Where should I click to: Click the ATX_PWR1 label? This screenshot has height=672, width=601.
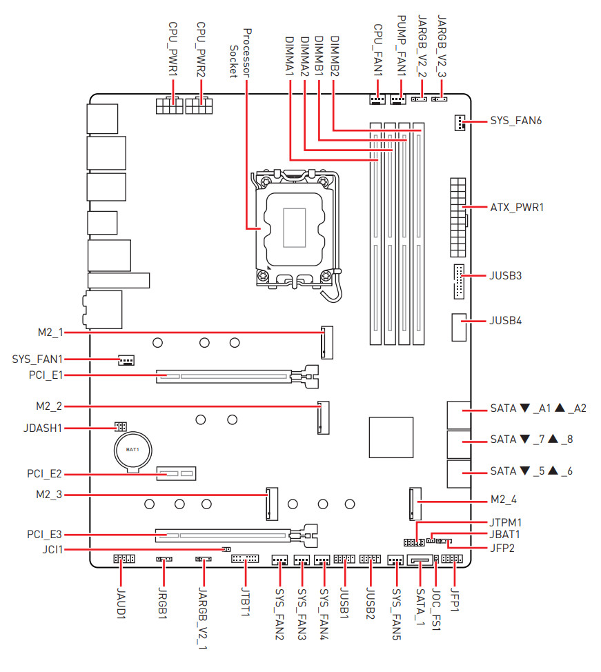pos(517,207)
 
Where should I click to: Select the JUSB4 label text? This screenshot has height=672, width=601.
pos(506,321)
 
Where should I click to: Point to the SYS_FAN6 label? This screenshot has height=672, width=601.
pos(515,121)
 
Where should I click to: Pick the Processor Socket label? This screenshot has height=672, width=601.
pos(241,52)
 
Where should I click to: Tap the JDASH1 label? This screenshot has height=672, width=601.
pos(41,428)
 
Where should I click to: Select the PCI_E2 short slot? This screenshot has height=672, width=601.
pos(176,474)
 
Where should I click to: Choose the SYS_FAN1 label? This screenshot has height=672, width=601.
pos(38,359)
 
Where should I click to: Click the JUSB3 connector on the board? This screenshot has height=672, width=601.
pos(460,281)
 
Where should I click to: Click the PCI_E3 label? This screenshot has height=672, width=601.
pos(45,534)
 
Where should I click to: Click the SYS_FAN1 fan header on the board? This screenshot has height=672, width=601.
pos(126,360)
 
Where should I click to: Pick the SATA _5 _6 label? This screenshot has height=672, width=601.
pos(531,471)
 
